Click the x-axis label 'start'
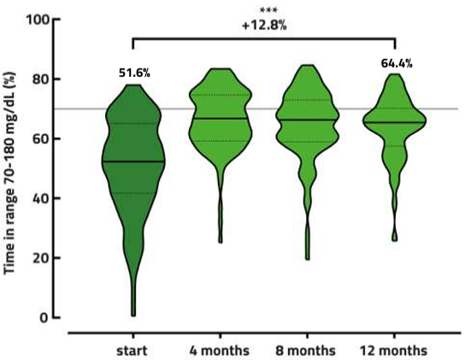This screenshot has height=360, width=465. pos(132,351)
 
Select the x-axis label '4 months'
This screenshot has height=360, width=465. pos(220,351)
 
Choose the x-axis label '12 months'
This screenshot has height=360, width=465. pos(394,351)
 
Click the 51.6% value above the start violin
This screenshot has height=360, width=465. pos(133,74)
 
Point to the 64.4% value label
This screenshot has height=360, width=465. pos(396,62)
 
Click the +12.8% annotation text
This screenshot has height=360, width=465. pos(262,25)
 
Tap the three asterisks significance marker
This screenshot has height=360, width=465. pos(262,10)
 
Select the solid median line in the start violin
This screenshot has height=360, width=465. pos(132,161)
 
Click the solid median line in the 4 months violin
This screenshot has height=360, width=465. pos(220,118)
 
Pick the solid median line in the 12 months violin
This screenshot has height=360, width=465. pos(394,122)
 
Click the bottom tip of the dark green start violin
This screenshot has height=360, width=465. pos(132,315)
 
